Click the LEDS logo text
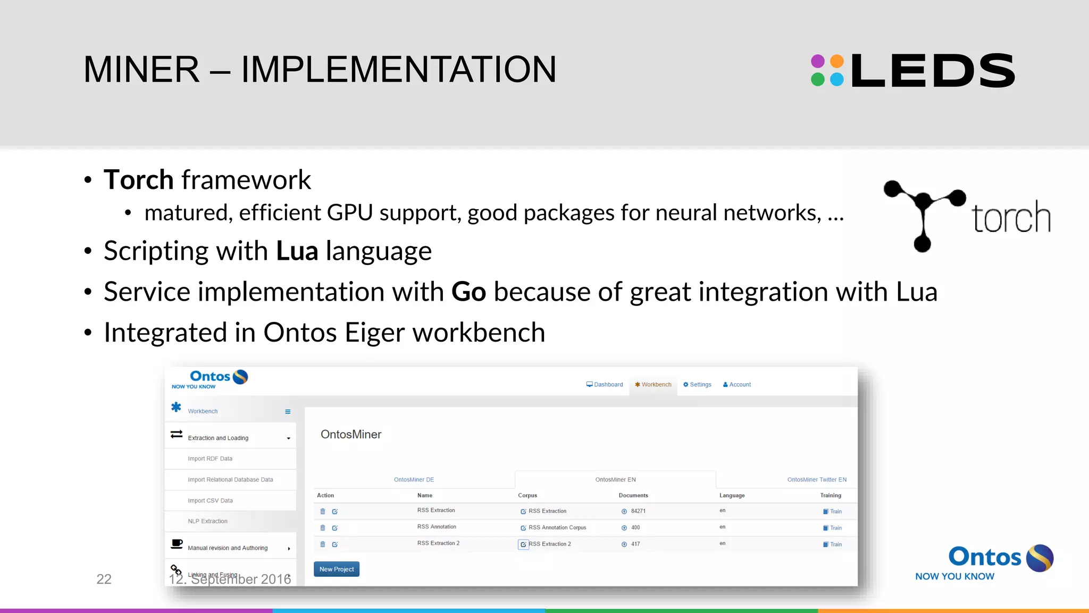coord(933,70)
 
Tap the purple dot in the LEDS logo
coord(818,61)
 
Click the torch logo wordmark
coord(1011,218)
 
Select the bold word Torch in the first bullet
coord(138,180)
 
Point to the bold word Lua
coord(297,251)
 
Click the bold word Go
coord(468,292)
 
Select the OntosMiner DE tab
coord(414,479)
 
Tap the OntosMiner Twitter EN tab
coord(817,479)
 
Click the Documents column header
coord(633,495)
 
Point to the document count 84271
coord(638,511)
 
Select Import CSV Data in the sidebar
coord(210,501)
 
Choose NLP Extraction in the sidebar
coord(207,521)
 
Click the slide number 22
coord(104,579)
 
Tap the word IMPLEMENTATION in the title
coord(399,70)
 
